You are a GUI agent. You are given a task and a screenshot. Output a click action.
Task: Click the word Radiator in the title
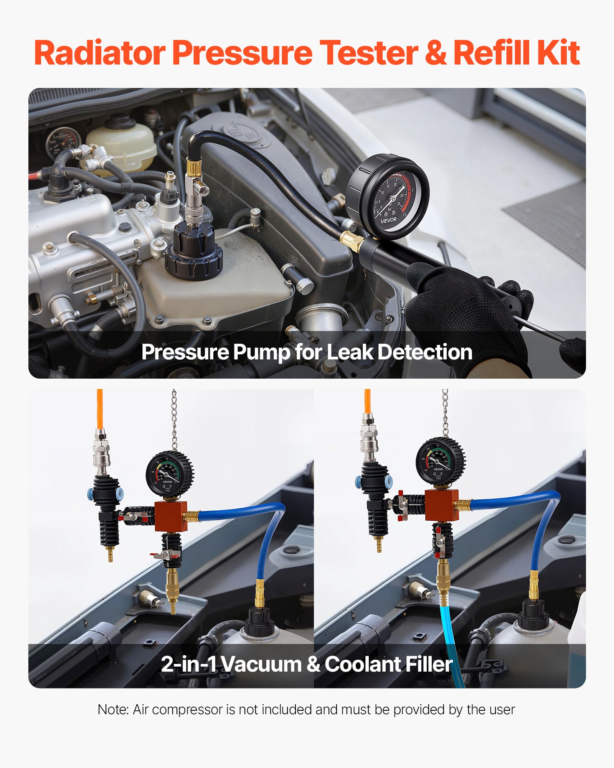click(100, 53)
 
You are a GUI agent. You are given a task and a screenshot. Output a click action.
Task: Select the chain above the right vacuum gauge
click(445, 413)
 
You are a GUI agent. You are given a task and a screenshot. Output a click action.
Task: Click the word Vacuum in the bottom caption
click(261, 664)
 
